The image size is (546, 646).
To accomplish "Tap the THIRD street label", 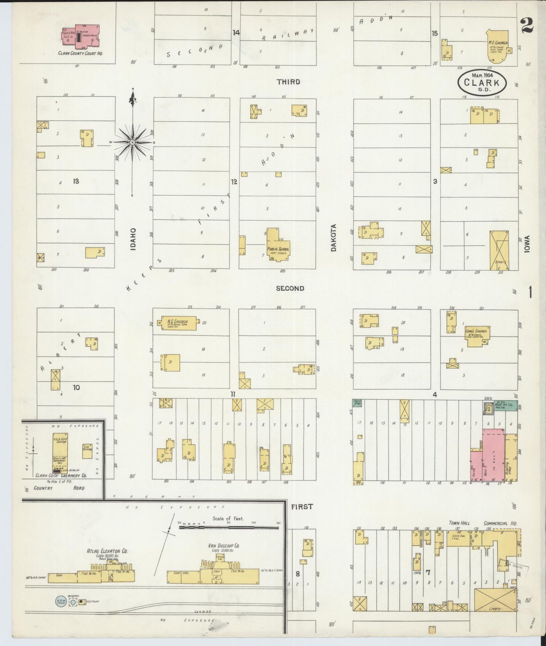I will point(288,82).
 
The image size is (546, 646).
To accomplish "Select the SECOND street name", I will point(290,288).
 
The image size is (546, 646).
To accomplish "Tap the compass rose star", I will point(133,142).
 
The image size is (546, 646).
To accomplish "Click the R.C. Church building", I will point(179,323).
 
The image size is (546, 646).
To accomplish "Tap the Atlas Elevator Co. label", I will point(107,551).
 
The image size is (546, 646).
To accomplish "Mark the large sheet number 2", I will point(526,25).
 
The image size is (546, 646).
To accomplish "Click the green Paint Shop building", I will point(357,402).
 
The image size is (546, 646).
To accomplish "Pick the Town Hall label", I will point(459,523).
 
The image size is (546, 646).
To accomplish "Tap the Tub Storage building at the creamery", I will point(87,451).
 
